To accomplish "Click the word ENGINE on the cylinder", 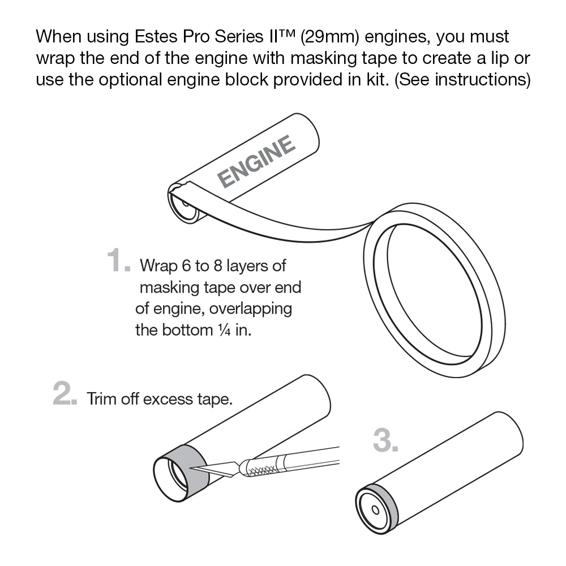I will pos(256,162).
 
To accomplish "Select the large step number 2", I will pos(65,395).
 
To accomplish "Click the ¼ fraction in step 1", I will pos(223,330).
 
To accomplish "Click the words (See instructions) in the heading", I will pos(462,80).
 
